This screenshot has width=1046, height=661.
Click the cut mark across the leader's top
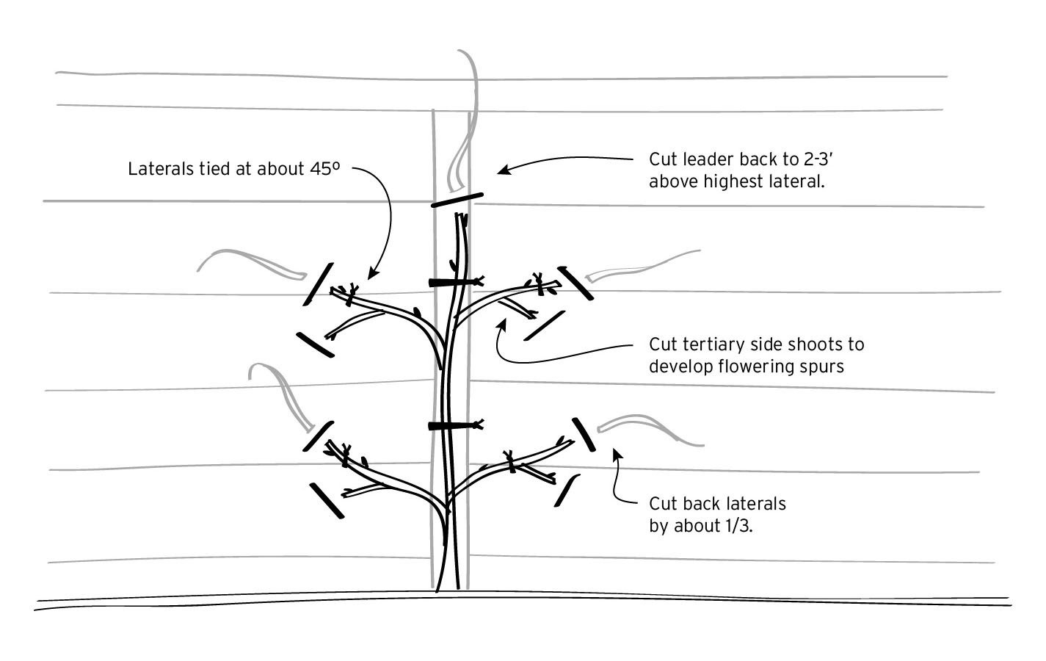[x=457, y=200]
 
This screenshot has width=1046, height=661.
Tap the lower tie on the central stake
[x=456, y=425]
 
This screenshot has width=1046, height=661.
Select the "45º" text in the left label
[x=324, y=168]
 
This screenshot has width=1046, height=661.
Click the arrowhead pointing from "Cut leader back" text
[x=504, y=169]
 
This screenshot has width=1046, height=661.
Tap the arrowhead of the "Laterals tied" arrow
[x=373, y=273]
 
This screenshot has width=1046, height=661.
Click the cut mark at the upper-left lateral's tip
[x=318, y=284]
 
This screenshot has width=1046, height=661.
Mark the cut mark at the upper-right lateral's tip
[x=575, y=283]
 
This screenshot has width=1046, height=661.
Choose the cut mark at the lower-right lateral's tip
[x=584, y=435]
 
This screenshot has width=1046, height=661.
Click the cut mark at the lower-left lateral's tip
[x=318, y=436]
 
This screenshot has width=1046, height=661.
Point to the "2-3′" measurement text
[x=818, y=159]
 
